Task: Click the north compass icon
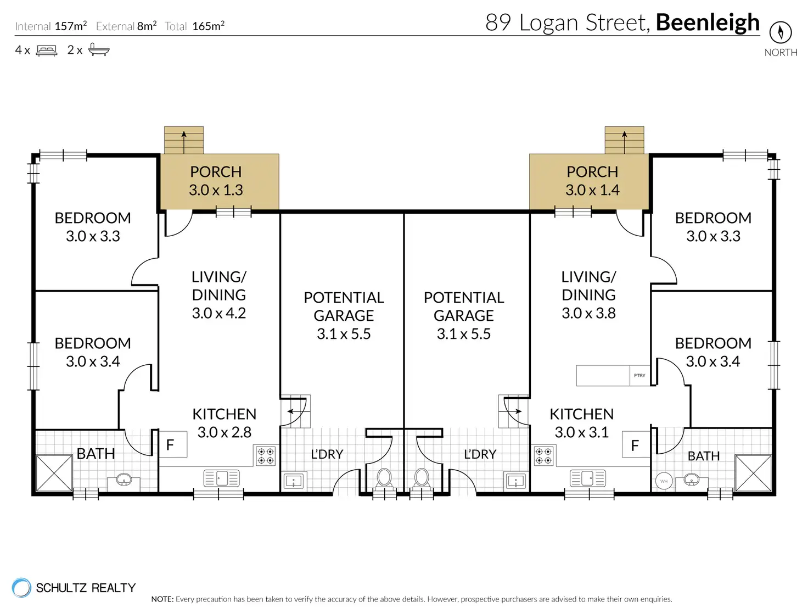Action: coord(781,32)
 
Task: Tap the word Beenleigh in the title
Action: coord(708,23)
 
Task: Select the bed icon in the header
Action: coord(46,50)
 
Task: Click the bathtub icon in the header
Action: coord(99,50)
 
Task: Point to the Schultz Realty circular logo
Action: coord(21,587)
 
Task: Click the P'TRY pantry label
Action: coord(639,375)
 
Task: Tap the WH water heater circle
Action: coord(664,481)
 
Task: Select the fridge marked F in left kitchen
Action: coord(173,444)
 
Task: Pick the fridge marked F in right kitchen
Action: coord(636,444)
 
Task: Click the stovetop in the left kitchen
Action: coord(266,456)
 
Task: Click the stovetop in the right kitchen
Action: coord(543,456)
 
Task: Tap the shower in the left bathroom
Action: coord(54,473)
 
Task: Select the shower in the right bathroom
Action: coord(753,473)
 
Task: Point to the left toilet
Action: coord(384,478)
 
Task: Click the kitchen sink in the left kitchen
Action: coord(222,478)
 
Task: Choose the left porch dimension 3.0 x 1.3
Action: coord(216,190)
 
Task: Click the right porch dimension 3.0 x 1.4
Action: coord(593,190)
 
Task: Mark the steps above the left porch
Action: coord(184,140)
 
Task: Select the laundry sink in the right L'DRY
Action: coord(516,481)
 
